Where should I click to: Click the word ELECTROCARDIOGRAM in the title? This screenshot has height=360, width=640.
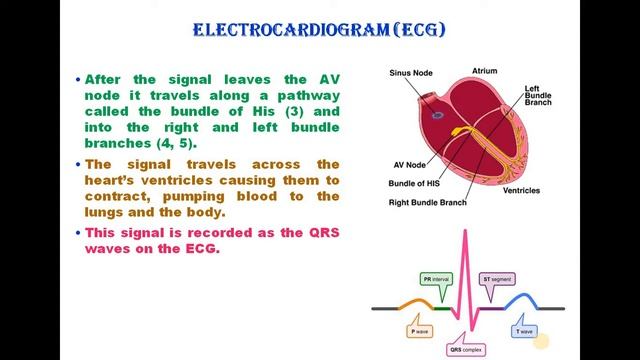pyautogui.click(x=285, y=30)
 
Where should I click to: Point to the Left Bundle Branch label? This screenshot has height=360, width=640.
pyautogui.click(x=540, y=96)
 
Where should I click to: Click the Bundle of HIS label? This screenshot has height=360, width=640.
pyautogui.click(x=415, y=184)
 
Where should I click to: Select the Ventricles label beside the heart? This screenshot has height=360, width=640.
pyautogui.click(x=521, y=190)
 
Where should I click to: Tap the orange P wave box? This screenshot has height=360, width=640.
pyautogui.click(x=420, y=330)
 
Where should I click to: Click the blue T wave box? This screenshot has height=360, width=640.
pyautogui.click(x=524, y=330)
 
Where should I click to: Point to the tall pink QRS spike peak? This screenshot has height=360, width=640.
pyautogui.click(x=464, y=234)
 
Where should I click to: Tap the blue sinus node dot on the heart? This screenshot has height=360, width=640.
pyautogui.click(x=438, y=115)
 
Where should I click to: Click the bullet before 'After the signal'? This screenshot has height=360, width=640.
pyautogui.click(x=78, y=78)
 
